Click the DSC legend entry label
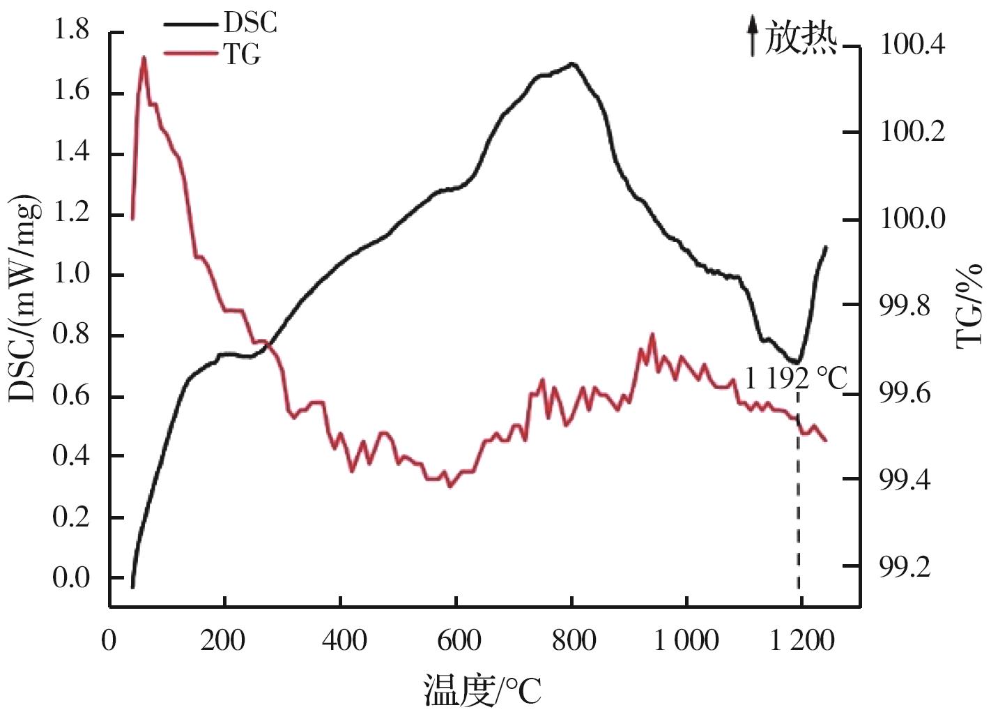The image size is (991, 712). coord(250,23)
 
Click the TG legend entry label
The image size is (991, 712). coord(242,54)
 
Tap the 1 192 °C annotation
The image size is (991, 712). coord(795,379)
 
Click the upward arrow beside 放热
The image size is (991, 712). coord(752,36)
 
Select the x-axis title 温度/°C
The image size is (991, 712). coord(482,690)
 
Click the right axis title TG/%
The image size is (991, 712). coord(969,305)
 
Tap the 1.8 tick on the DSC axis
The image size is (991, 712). coord(71,31)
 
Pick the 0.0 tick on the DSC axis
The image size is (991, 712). coord(71,578)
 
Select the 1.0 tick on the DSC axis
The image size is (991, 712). coord(71,274)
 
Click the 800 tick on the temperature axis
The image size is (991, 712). coord(574,640)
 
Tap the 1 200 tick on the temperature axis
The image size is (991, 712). coord(801,640)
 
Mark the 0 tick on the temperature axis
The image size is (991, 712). coord(109,640)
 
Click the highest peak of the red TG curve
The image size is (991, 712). coord(144,57)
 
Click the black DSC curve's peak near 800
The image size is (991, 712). coord(571,63)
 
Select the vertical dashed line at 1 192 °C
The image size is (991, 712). coord(798,488)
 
